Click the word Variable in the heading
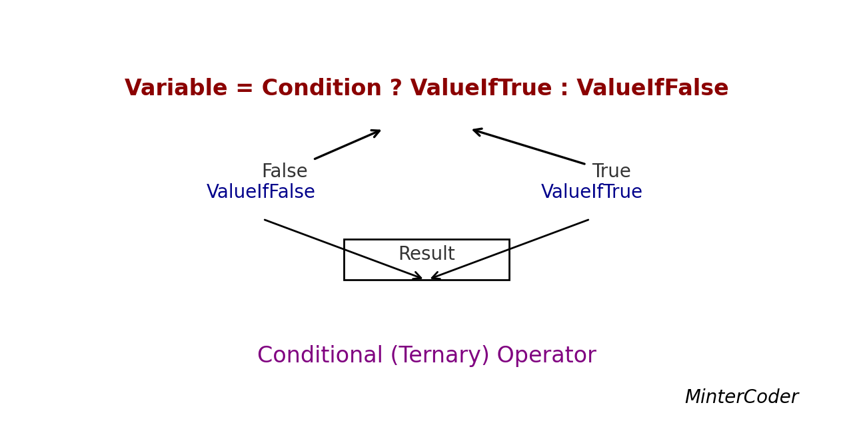tap(176, 89)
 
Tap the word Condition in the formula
tap(321, 89)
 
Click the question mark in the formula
tap(396, 89)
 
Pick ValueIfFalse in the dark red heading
tap(652, 89)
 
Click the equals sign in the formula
tap(245, 89)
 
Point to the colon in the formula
tap(564, 89)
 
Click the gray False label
tap(285, 172)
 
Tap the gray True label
tap(611, 172)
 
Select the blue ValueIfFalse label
tap(261, 193)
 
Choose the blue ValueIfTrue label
tap(591, 193)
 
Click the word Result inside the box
tap(426, 254)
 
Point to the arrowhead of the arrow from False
tap(377, 132)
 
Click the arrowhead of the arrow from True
tap(476, 131)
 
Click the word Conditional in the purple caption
tap(320, 356)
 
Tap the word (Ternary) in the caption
tap(440, 356)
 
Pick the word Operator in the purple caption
tap(546, 356)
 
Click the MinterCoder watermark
tap(741, 398)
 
